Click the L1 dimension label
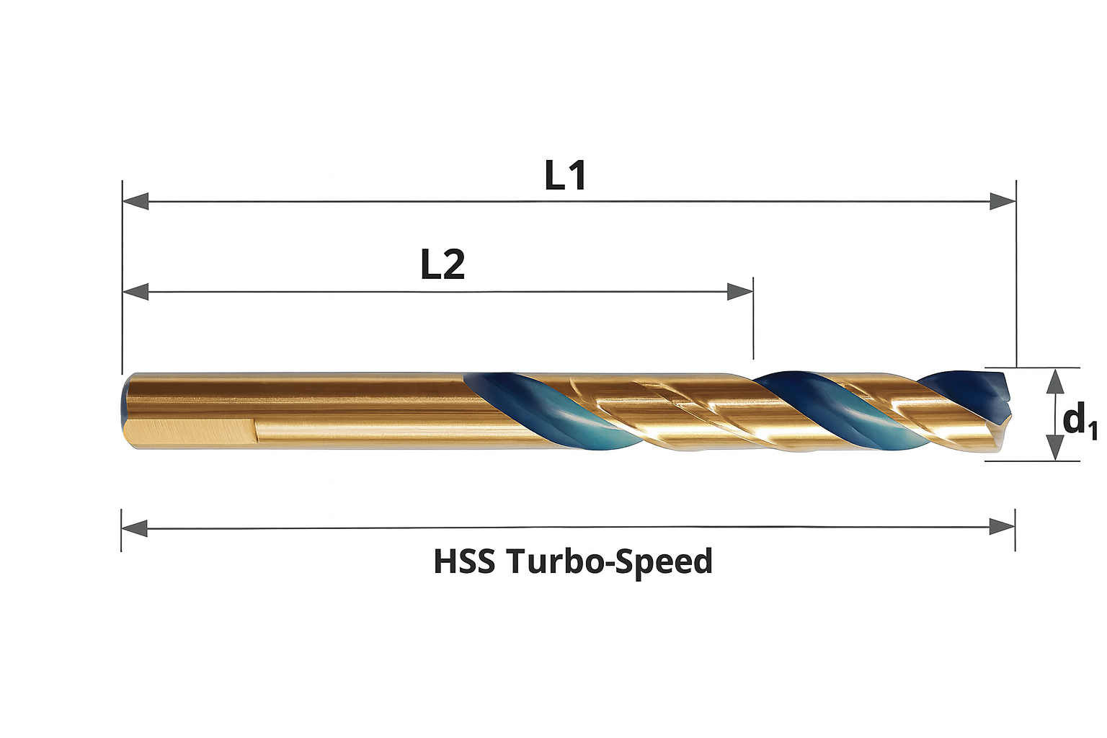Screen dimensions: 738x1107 click(565, 175)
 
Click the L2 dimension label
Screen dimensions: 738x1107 click(443, 264)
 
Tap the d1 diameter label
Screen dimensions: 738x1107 click(1079, 420)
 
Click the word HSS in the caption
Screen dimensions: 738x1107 click(464, 561)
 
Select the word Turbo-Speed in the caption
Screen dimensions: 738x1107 click(610, 561)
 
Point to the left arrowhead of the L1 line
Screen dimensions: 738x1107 click(135, 201)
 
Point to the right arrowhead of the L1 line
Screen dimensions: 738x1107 click(1002, 201)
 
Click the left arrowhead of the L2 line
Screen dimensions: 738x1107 click(135, 292)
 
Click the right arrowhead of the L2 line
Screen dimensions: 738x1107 click(740, 292)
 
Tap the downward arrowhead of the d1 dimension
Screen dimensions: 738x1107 click(1055, 448)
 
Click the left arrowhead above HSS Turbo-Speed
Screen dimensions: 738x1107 click(134, 528)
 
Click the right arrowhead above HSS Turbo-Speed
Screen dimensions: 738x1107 click(1002, 528)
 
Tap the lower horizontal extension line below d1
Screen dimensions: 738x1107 click(1032, 461)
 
